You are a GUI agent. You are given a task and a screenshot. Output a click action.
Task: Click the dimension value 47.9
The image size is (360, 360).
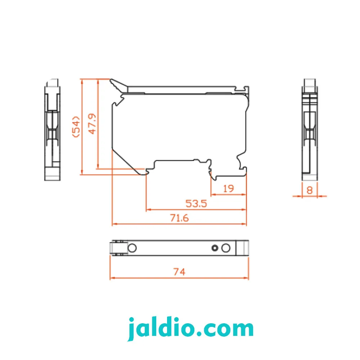[92, 123]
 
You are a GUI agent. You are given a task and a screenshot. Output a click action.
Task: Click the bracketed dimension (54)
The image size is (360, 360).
[76, 127]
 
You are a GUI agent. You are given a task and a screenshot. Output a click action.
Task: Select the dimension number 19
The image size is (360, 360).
[229, 189]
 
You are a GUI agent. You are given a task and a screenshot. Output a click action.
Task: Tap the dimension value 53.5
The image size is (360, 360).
[196, 204]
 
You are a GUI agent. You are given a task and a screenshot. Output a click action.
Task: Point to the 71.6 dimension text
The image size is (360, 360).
[179, 218]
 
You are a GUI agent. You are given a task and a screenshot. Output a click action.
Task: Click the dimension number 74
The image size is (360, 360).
[179, 272]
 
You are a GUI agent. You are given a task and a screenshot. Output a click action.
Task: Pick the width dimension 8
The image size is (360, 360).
[310, 190]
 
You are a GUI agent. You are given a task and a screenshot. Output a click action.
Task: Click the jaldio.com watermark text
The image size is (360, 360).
[190, 329]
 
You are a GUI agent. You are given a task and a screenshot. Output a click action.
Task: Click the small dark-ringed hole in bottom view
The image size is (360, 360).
[215, 248]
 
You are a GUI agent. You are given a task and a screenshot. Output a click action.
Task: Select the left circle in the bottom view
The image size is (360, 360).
[132, 248]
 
